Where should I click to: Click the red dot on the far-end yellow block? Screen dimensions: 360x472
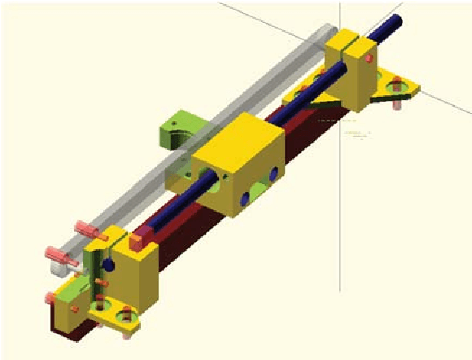[x=370, y=59]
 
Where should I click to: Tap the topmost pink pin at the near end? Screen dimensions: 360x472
[x=82, y=226]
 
